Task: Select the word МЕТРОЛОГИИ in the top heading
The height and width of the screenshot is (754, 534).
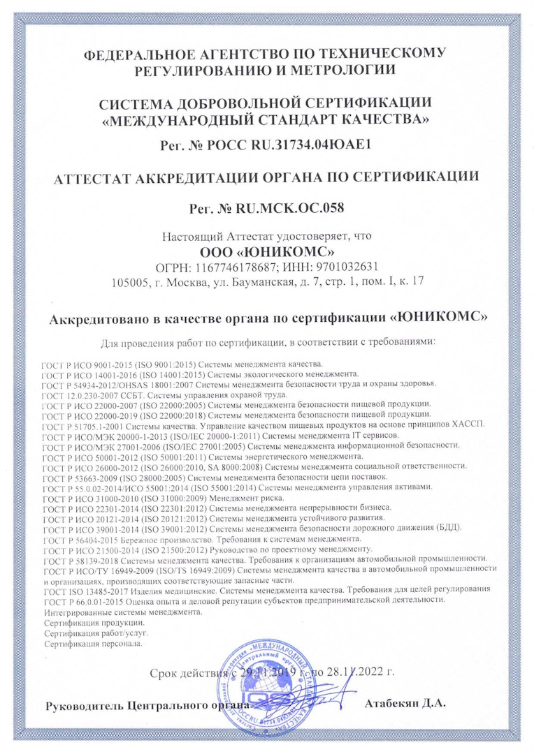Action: click(340, 68)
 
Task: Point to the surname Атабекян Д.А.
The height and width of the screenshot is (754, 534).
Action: click(405, 702)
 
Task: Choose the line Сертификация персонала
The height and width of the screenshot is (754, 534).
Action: click(93, 644)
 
